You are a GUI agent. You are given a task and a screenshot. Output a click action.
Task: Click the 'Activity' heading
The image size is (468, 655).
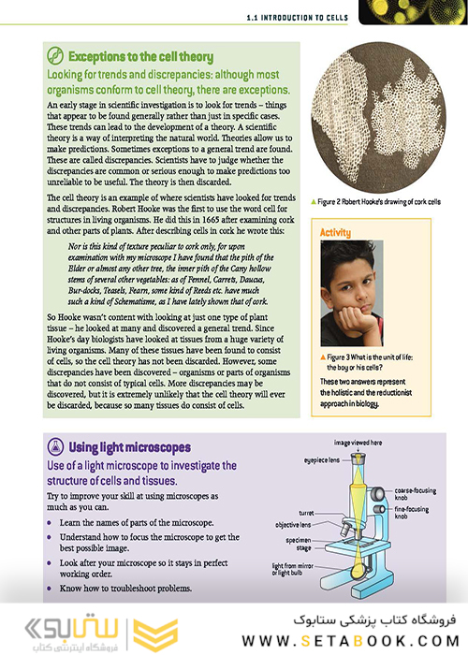[335, 232]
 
